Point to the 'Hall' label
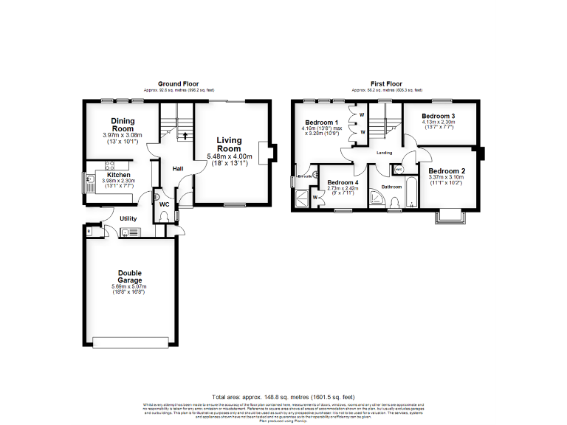coord(178,169)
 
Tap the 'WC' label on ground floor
coord(166,203)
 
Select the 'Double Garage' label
coord(129,277)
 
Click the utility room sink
coord(126,233)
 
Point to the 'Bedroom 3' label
coord(439,117)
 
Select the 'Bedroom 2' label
coord(447,170)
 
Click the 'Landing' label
coord(385,153)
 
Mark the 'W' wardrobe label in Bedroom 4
coord(315,197)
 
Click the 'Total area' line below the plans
coord(284,396)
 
